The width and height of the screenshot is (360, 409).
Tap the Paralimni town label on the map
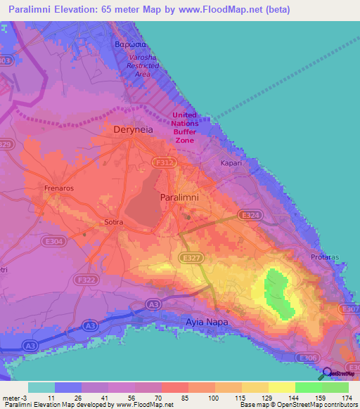[179, 197]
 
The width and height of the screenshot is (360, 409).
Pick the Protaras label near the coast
[324, 257]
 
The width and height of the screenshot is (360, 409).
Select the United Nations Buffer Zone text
[184, 127]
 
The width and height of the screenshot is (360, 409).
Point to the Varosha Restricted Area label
[143, 65]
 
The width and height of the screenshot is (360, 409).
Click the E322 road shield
[88, 280]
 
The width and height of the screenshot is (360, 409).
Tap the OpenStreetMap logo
[339, 373]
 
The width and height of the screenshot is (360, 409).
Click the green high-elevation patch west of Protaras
[277, 290]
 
